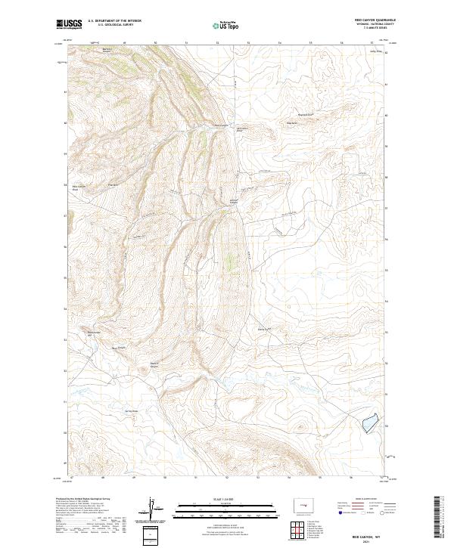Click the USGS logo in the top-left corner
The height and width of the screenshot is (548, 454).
(70, 24)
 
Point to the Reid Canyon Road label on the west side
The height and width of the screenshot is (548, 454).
(79, 187)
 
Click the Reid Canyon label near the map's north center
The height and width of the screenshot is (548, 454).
(221, 125)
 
